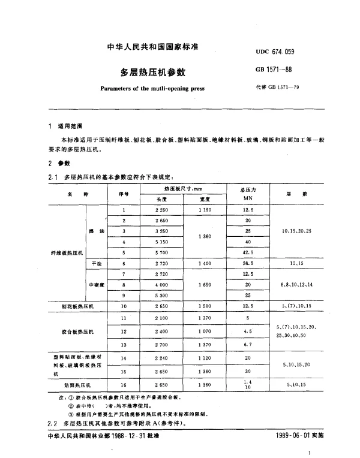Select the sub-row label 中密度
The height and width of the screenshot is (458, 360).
[x=97, y=285]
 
